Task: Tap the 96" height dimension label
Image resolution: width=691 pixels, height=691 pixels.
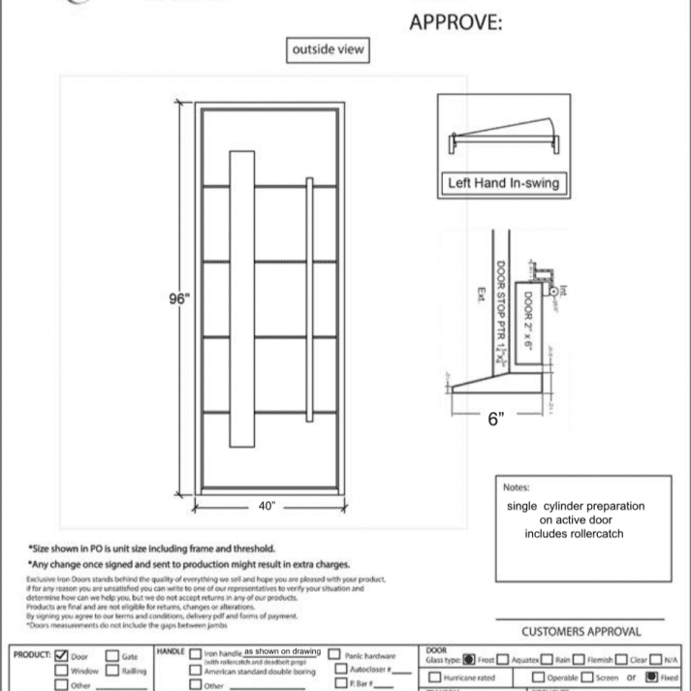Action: click(177, 298)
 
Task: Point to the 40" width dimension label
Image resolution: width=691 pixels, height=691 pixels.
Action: click(268, 505)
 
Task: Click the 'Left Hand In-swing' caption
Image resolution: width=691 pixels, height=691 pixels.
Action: click(503, 181)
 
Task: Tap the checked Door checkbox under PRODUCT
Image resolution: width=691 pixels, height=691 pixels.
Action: click(62, 655)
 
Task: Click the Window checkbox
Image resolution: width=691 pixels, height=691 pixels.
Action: click(62, 670)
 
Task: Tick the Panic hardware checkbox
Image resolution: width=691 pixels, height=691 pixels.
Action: click(334, 655)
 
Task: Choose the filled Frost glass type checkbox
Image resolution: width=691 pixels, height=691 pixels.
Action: click(469, 660)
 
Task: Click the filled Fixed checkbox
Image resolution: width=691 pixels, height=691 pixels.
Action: click(652, 676)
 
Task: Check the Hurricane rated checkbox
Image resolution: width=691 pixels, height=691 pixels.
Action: click(435, 676)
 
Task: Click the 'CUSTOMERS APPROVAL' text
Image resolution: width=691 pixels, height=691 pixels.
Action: click(580, 632)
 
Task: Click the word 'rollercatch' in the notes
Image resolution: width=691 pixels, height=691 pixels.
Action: click(593, 533)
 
